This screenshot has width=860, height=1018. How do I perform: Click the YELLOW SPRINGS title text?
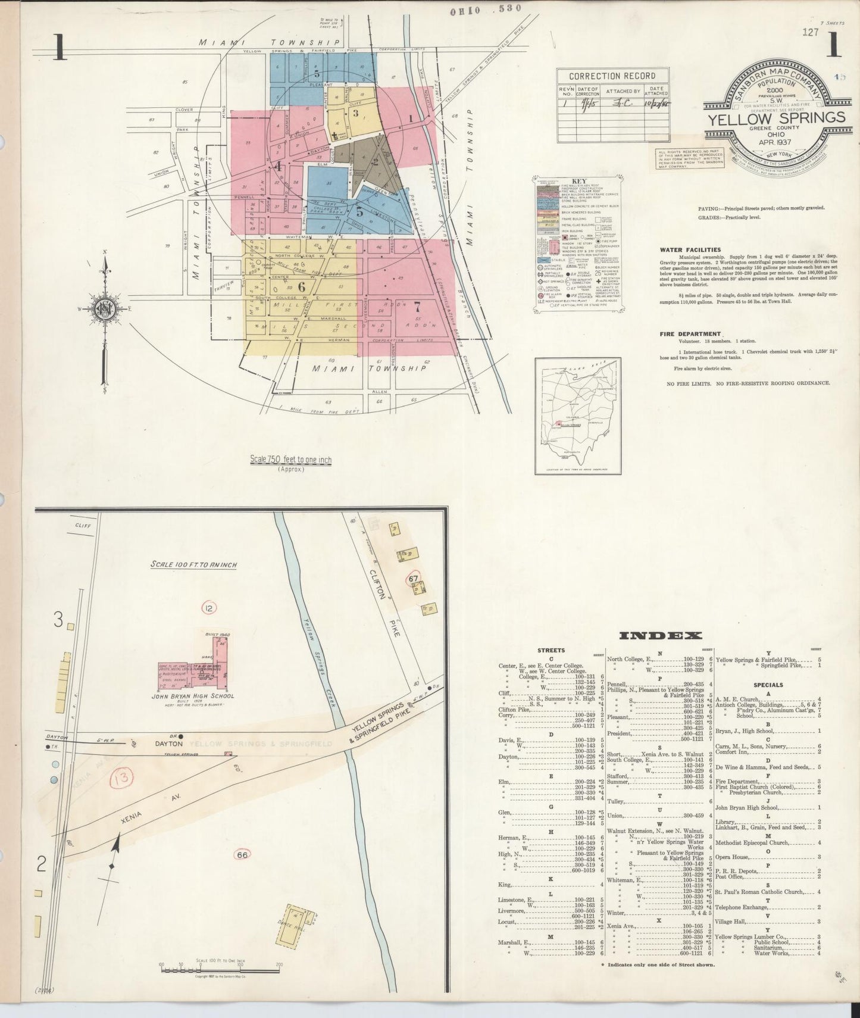(x=775, y=117)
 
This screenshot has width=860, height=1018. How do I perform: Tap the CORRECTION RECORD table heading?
(x=612, y=76)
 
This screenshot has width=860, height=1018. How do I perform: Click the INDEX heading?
(x=661, y=636)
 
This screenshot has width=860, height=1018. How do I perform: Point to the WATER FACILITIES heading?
(x=690, y=250)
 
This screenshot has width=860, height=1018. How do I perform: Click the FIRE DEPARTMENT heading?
(x=690, y=334)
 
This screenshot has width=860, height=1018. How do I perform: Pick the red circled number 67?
(x=414, y=578)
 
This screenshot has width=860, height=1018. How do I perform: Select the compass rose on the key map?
(x=105, y=308)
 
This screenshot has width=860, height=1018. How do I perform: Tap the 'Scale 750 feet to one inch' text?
(x=290, y=460)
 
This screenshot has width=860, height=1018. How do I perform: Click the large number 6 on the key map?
(x=302, y=286)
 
